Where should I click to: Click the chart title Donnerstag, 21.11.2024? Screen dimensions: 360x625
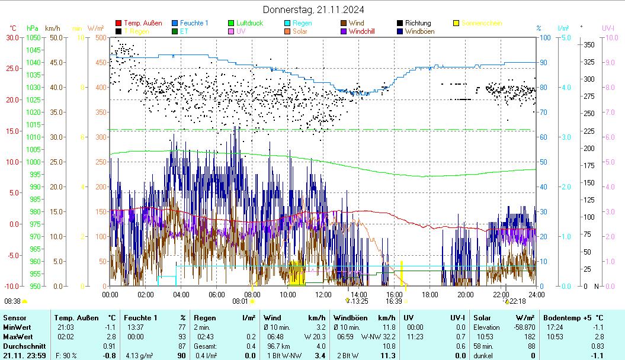313,9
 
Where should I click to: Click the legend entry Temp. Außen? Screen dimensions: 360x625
143,24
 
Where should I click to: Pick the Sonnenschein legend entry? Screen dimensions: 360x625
482,24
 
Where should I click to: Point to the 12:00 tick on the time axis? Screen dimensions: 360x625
323,294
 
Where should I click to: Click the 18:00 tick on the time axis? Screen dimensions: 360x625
430,294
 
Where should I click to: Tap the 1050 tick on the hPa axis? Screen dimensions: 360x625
33,37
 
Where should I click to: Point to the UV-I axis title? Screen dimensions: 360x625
608,28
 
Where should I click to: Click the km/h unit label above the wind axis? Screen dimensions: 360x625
52,28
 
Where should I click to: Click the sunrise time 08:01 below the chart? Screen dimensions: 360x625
240,301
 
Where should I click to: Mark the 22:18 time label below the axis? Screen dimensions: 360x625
518,301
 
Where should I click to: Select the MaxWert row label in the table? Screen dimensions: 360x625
17,336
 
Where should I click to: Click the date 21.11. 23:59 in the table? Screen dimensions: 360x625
24,355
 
